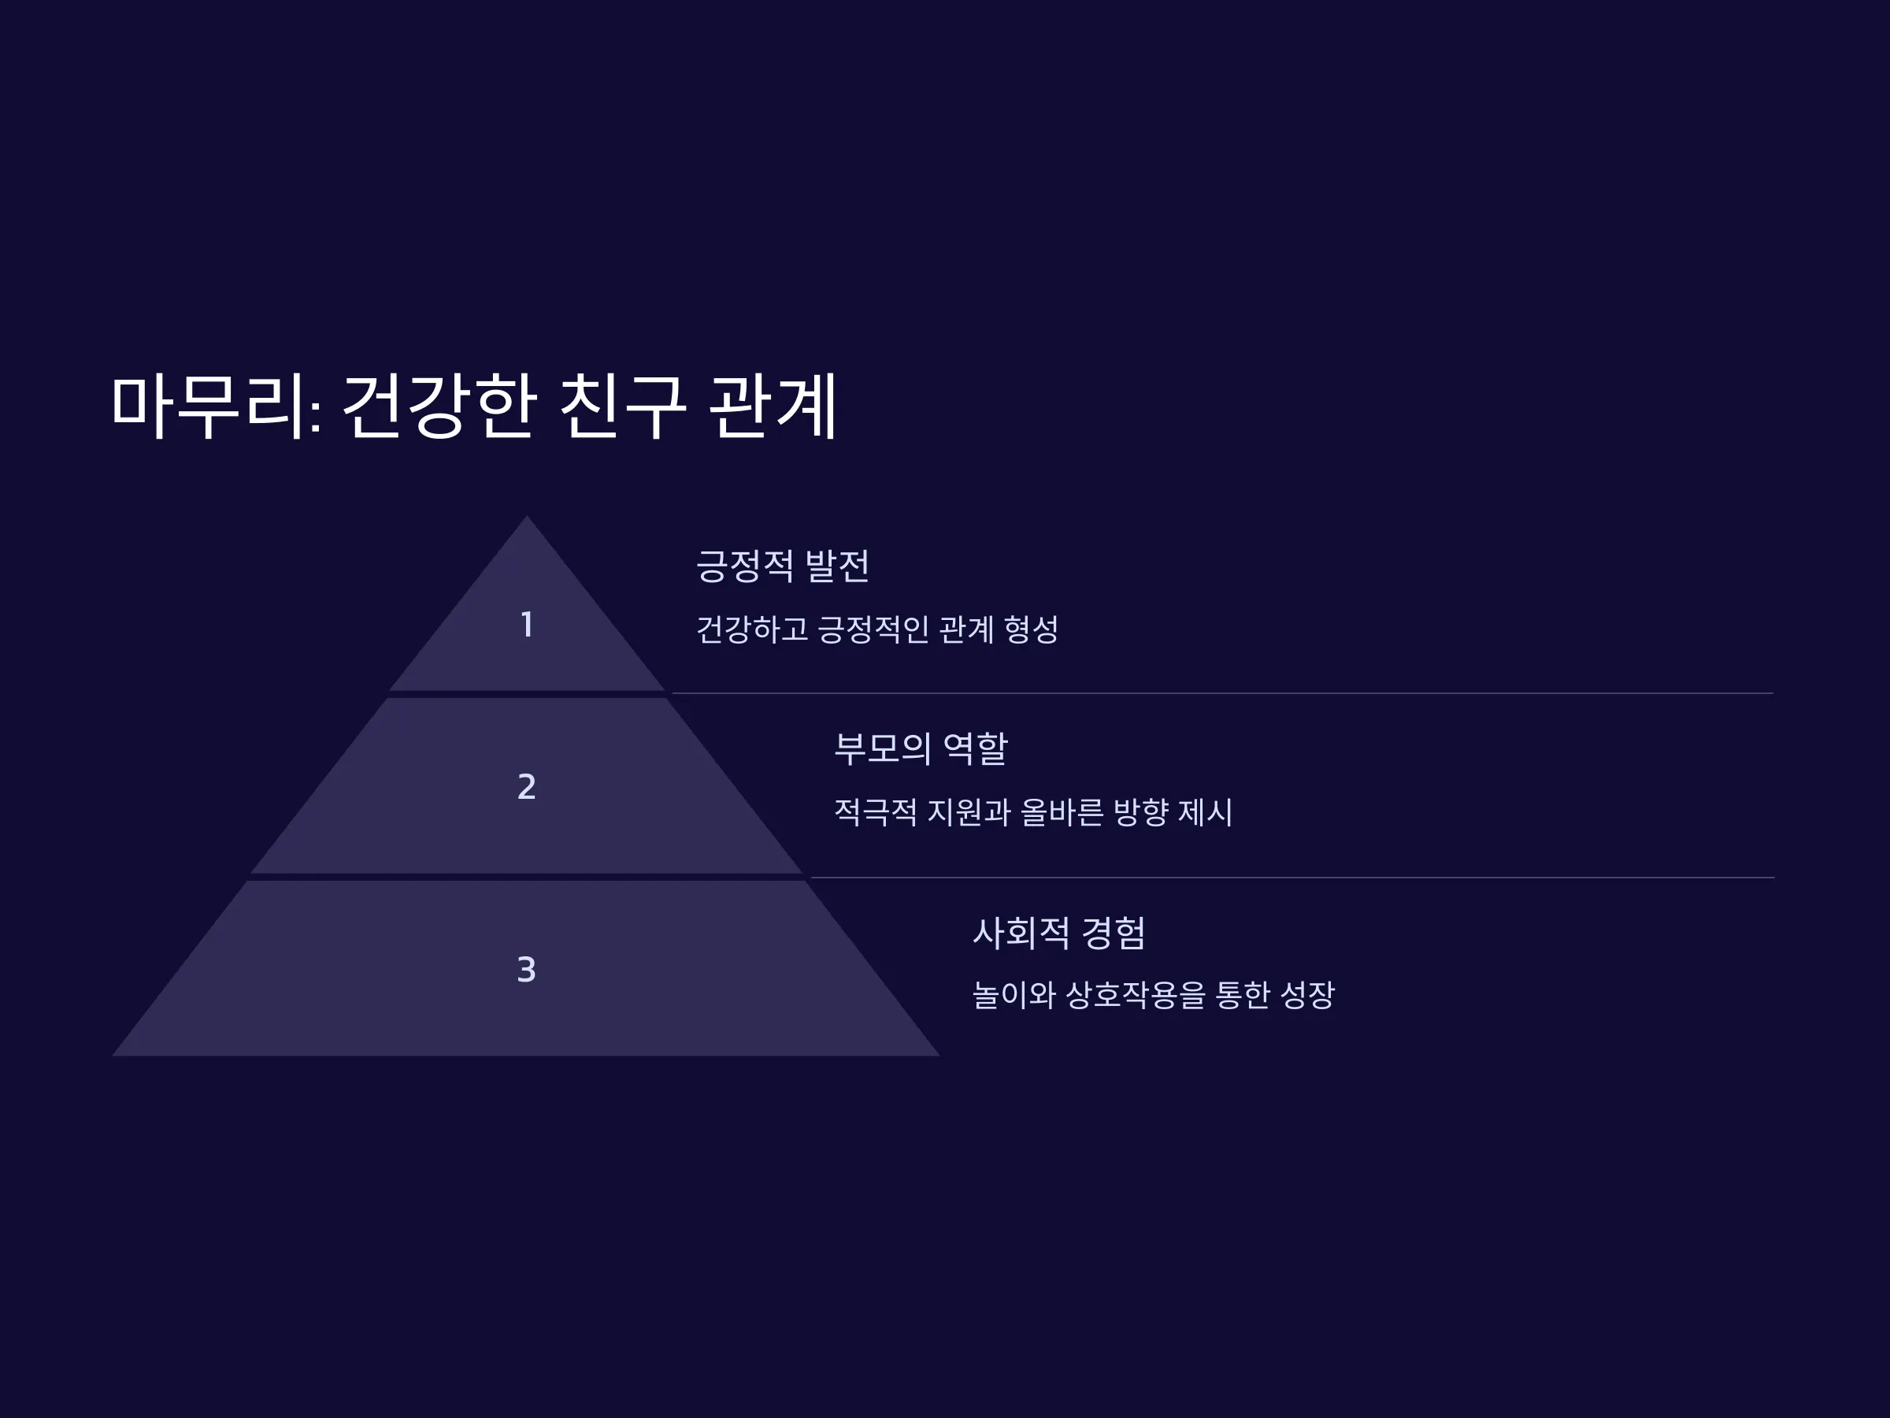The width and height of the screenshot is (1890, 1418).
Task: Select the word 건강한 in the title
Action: (x=439, y=406)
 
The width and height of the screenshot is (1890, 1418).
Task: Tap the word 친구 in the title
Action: (x=623, y=406)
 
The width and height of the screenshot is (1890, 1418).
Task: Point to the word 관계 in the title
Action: (x=773, y=406)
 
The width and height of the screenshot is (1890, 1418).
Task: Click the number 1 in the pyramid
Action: (x=527, y=625)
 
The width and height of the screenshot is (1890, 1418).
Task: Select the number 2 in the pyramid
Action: (x=527, y=786)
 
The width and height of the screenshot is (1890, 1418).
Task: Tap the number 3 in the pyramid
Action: (x=526, y=969)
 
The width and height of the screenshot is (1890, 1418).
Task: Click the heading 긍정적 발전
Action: (x=783, y=566)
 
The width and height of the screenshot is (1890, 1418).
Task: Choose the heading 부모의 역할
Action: (x=921, y=748)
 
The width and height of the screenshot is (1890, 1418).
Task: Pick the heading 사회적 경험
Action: (x=1058, y=933)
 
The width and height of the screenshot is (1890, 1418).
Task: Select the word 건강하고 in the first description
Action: (x=752, y=630)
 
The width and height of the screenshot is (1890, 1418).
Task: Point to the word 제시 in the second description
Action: (x=1205, y=812)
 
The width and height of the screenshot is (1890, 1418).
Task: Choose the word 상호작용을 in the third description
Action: (x=1135, y=995)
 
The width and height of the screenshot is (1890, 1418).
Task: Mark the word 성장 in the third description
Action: (x=1307, y=995)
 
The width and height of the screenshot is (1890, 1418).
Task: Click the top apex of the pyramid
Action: (x=526, y=515)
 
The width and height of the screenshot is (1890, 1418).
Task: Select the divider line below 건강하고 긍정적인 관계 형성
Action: (x=1223, y=693)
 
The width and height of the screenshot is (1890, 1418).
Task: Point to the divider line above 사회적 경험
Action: (x=1292, y=877)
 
